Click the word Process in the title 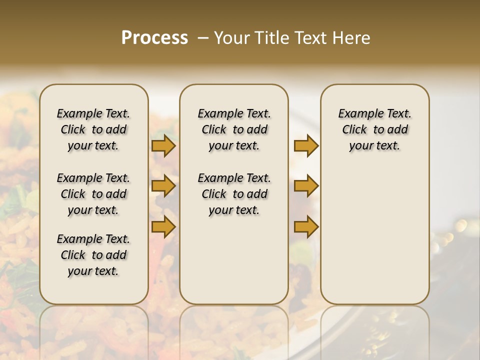[x=154, y=37]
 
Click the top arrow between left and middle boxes [x=163, y=146]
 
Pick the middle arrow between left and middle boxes [x=163, y=186]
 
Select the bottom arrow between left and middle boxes [x=163, y=227]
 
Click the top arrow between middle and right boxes [x=306, y=146]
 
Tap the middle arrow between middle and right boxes [x=306, y=186]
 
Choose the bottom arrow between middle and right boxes [x=306, y=227]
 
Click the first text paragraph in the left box [x=93, y=129]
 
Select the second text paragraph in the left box [x=93, y=194]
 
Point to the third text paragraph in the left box [x=93, y=255]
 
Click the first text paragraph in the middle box [x=234, y=129]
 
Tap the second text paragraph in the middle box [x=234, y=194]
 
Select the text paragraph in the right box [x=375, y=129]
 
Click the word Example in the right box [x=356, y=113]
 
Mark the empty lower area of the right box [x=375, y=235]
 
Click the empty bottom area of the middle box [x=234, y=265]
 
